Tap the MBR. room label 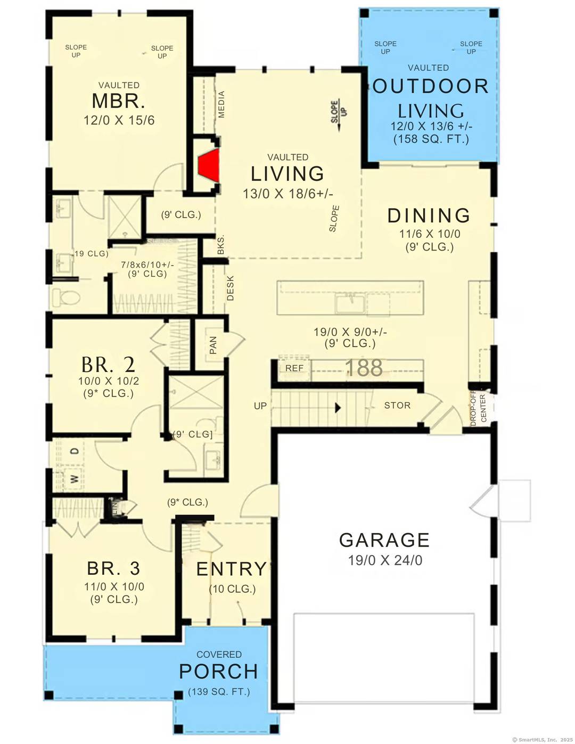[x=118, y=101]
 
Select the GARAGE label [x=384, y=540]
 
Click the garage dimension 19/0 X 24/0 [x=385, y=560]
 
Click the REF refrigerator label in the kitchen [x=294, y=368]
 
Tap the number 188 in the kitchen [x=364, y=368]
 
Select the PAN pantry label [x=213, y=345]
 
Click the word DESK [x=231, y=288]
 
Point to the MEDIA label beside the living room [x=221, y=104]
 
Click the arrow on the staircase [x=338, y=408]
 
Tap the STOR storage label [x=397, y=406]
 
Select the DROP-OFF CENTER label [x=478, y=408]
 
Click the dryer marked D [x=75, y=451]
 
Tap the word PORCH [x=218, y=672]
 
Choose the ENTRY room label [x=231, y=569]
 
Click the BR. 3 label [x=113, y=568]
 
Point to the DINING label [x=429, y=216]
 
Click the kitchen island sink [x=350, y=303]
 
